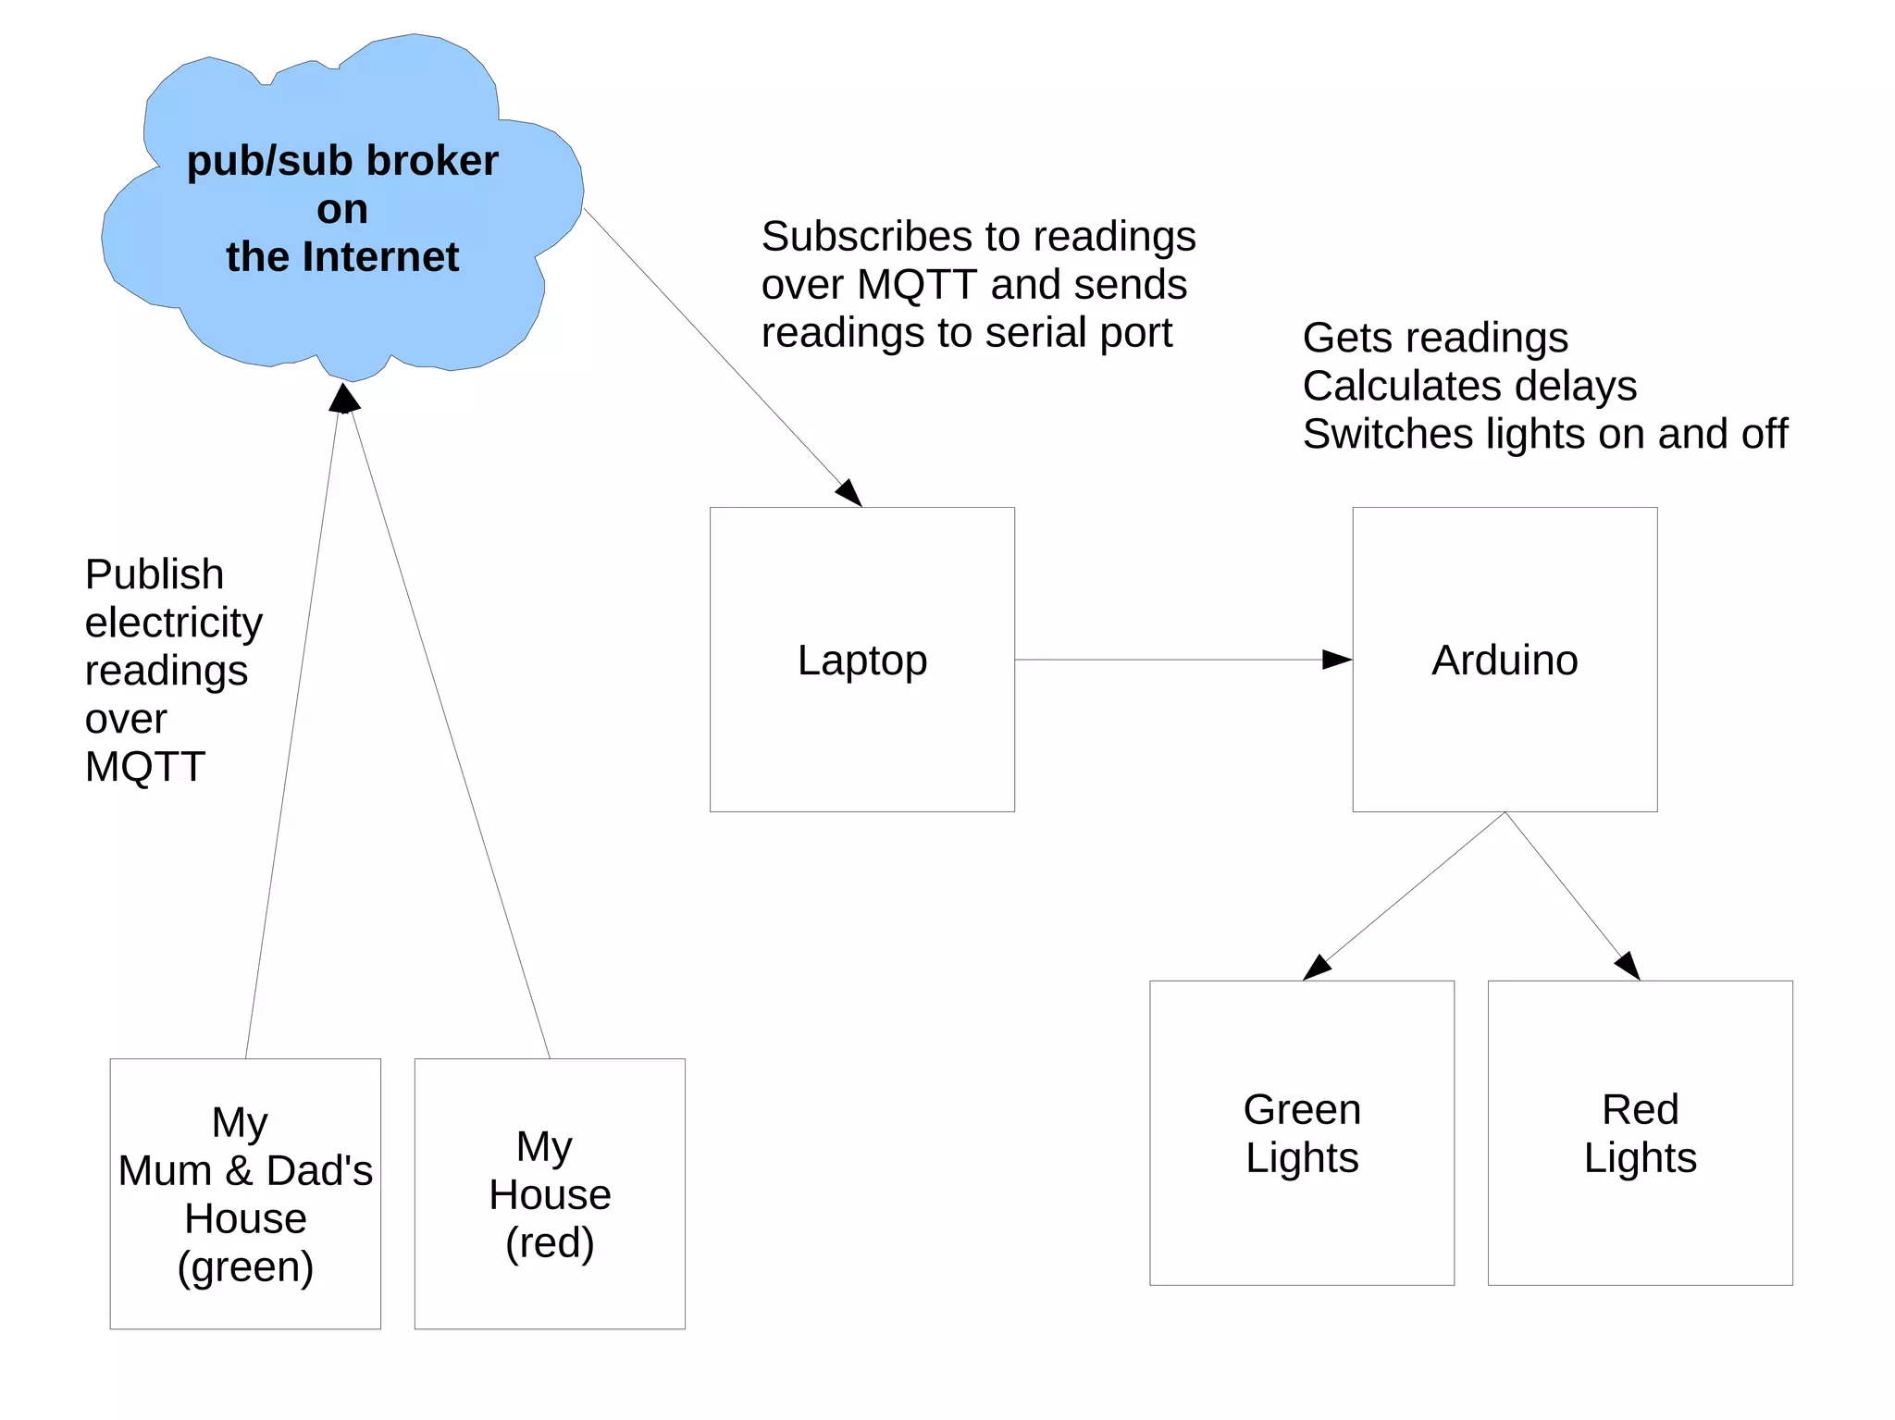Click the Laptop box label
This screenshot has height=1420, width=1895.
point(861,661)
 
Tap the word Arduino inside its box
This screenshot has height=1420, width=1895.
point(1505,661)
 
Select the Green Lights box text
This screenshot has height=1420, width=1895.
point(1302,1133)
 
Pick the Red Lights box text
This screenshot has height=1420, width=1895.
point(1640,1133)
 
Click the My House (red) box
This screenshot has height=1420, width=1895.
point(550,1194)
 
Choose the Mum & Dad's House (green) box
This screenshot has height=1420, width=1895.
point(245,1194)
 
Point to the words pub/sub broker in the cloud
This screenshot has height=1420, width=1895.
point(342,161)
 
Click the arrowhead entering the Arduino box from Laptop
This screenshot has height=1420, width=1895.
point(1338,660)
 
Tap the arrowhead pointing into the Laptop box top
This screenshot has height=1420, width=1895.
point(849,492)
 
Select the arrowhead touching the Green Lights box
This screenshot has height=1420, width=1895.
point(1316,969)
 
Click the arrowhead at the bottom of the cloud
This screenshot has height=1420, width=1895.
point(344,399)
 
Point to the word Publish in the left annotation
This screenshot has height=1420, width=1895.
point(155,574)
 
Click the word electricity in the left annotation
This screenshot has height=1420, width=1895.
point(174,623)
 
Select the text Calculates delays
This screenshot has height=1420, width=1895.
point(1469,386)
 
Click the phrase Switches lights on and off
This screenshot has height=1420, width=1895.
point(1544,434)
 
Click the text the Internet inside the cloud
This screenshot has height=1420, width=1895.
point(342,257)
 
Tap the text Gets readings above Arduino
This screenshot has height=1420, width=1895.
point(1435,338)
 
